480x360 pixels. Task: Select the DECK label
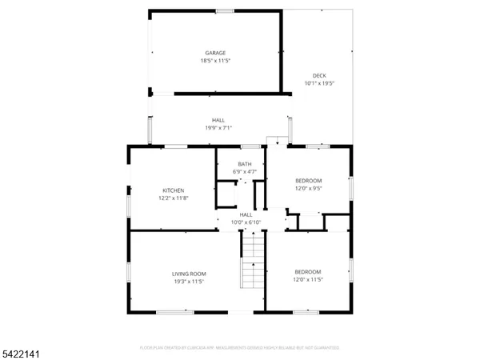(x=318, y=75)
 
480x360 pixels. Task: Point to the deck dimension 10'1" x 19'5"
(x=318, y=83)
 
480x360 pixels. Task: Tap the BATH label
(x=244, y=164)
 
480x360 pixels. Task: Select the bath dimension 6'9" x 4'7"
(x=244, y=172)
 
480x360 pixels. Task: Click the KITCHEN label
(x=174, y=190)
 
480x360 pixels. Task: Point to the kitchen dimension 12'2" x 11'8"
(x=174, y=198)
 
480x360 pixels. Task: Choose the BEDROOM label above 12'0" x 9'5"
(x=308, y=181)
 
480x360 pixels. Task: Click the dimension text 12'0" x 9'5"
(x=308, y=189)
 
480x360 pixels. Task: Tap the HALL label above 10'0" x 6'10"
(x=246, y=214)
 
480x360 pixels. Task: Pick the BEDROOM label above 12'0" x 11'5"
(x=307, y=272)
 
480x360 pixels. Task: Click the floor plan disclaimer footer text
(x=240, y=347)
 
